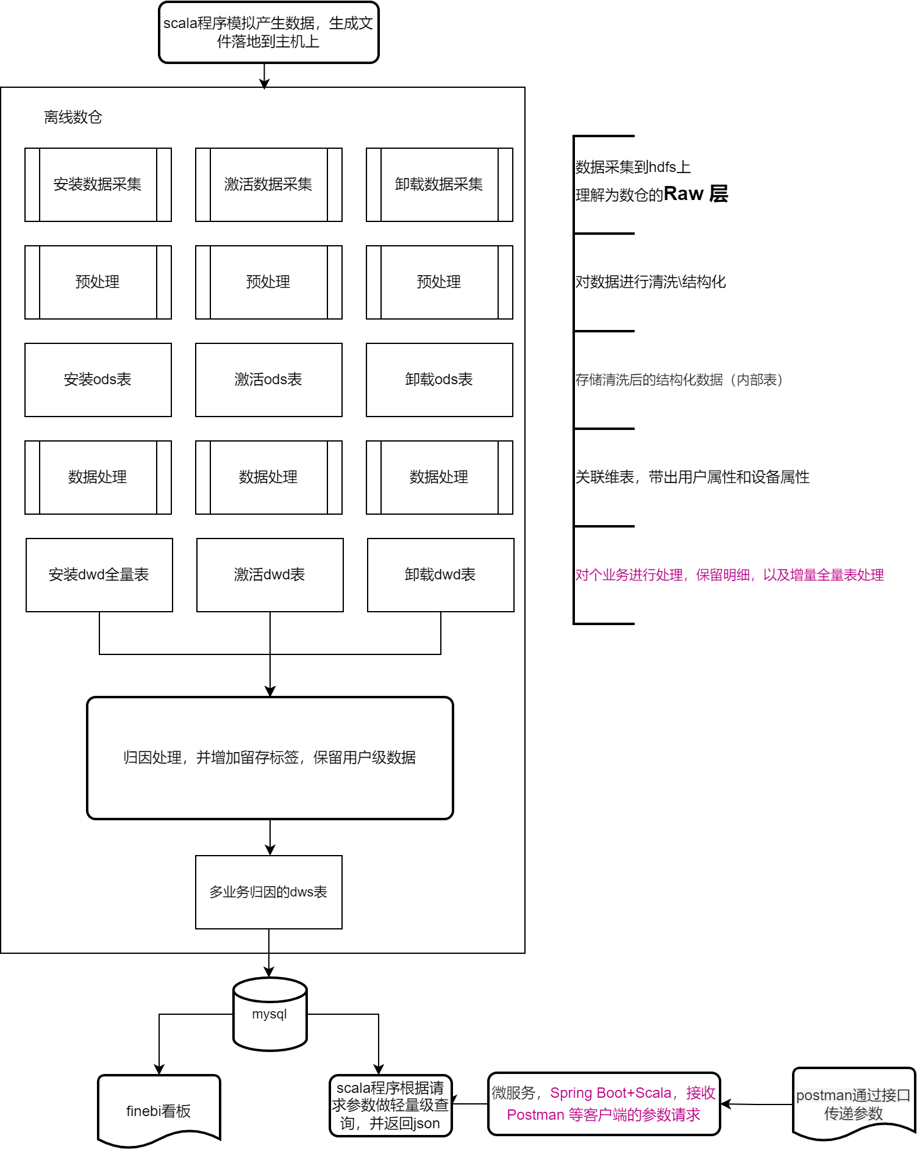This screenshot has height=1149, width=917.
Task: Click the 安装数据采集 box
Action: click(x=98, y=185)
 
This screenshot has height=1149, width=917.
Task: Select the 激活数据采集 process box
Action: click(x=269, y=185)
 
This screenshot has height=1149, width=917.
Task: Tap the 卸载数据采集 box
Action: click(x=440, y=185)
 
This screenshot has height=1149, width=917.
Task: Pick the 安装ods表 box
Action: click(x=98, y=380)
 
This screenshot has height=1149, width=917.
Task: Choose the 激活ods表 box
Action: click(x=269, y=380)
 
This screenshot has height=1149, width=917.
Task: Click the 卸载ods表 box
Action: click(x=440, y=380)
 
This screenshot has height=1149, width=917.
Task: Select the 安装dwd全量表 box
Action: click(x=99, y=575)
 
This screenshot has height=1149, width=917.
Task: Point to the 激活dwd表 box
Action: click(x=270, y=575)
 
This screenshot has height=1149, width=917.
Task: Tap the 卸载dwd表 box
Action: click(x=441, y=575)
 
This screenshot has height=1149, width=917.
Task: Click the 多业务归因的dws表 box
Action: click(x=269, y=892)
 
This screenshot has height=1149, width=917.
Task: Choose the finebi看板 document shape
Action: click(x=159, y=1111)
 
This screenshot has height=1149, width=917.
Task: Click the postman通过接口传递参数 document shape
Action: click(x=854, y=1104)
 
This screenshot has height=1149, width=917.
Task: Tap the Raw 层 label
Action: click(x=696, y=193)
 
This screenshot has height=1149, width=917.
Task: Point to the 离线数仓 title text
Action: click(x=73, y=117)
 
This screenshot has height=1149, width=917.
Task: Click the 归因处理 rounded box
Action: click(x=270, y=758)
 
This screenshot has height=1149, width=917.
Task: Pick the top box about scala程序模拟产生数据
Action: click(x=269, y=32)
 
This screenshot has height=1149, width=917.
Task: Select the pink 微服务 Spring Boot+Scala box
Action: click(x=604, y=1104)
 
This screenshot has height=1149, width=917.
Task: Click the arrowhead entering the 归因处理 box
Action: click(x=270, y=691)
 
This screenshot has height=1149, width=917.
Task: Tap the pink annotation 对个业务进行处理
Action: click(x=729, y=574)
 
